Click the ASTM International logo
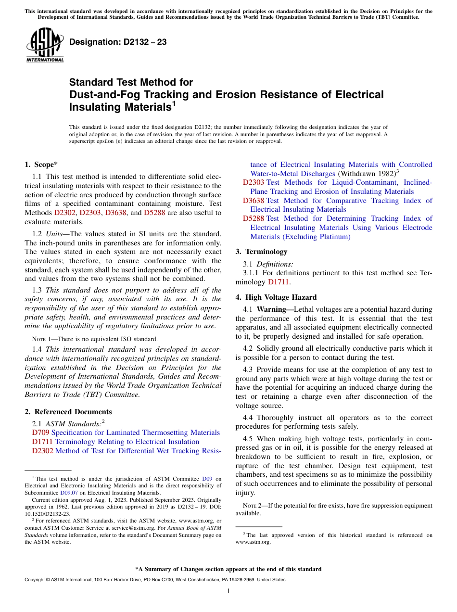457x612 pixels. [44, 45]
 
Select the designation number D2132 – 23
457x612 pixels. [118, 42]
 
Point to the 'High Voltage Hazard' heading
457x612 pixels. [281, 297]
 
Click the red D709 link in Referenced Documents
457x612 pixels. [40, 433]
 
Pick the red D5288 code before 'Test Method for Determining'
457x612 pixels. [253, 218]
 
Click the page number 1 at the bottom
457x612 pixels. [228, 591]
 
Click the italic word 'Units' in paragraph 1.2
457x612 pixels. [55, 233]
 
